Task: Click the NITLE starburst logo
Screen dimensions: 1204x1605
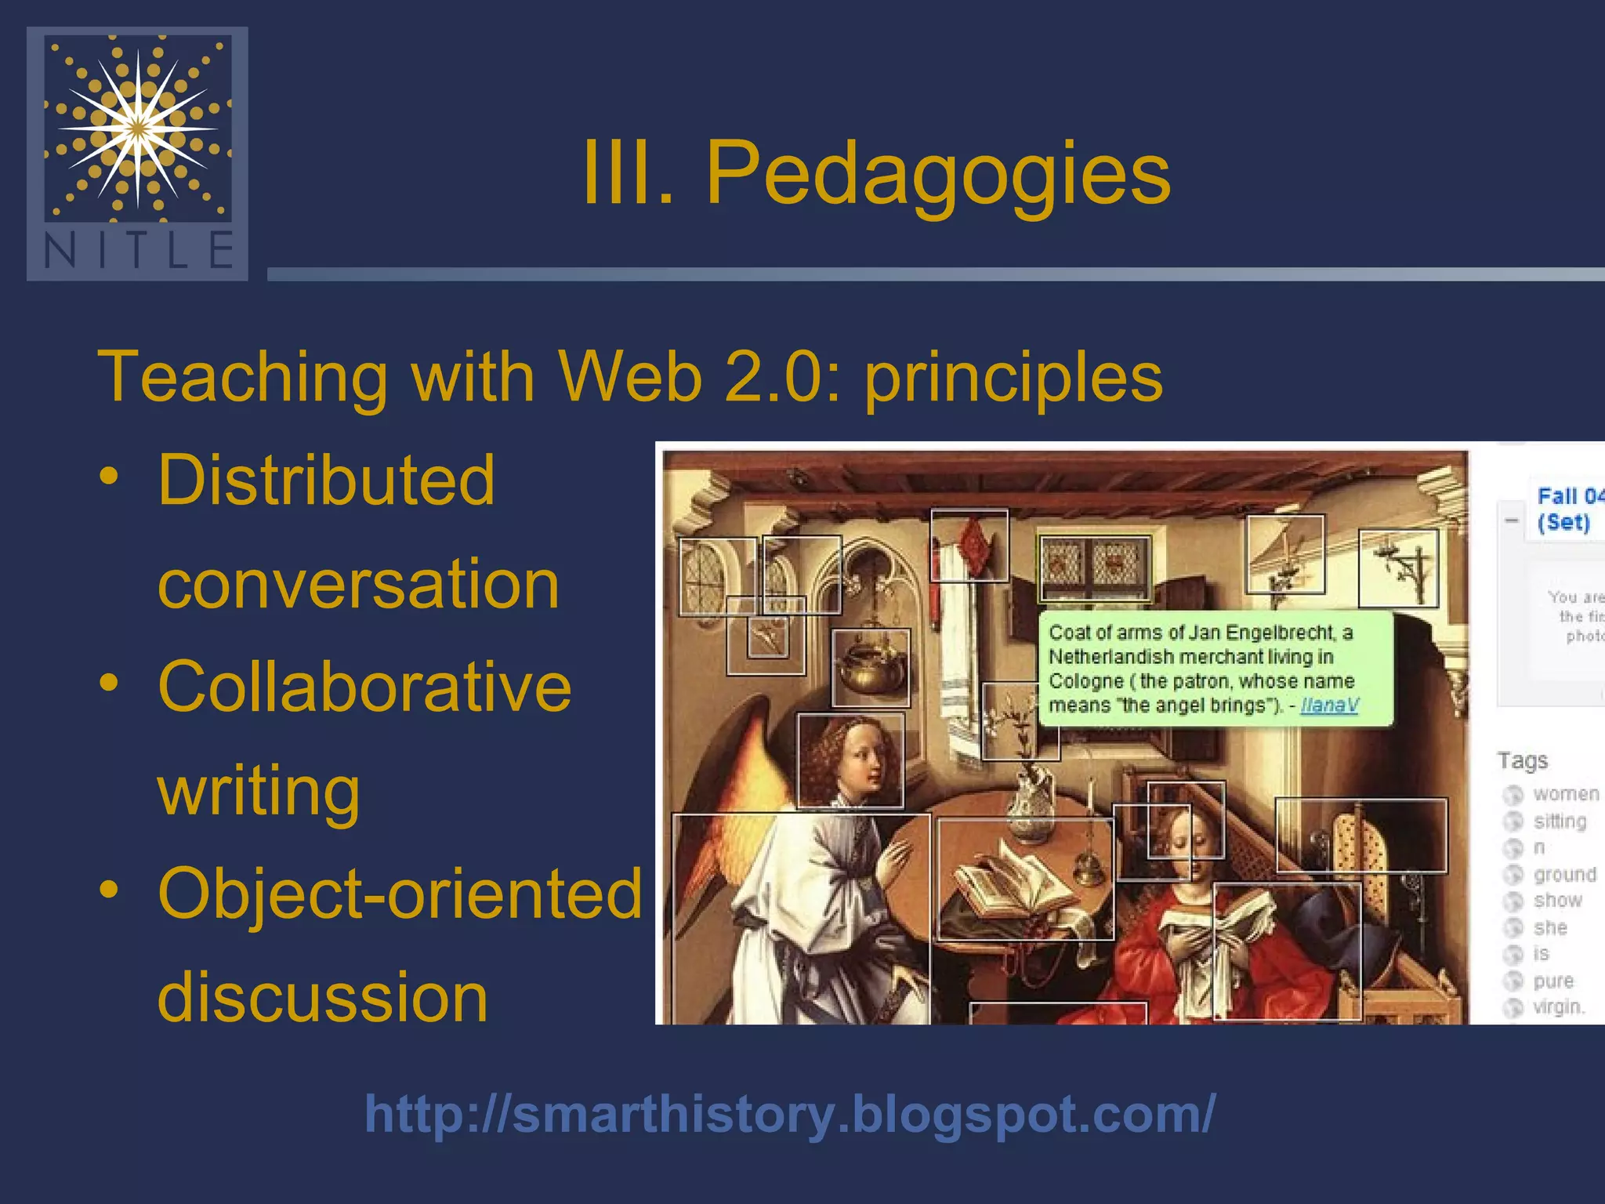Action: pyautogui.click(x=138, y=129)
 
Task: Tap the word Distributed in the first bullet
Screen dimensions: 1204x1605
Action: pyautogui.click(x=326, y=480)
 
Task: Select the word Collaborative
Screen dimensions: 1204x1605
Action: pyautogui.click(x=364, y=687)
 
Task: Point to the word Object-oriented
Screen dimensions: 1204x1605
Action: pyautogui.click(x=400, y=894)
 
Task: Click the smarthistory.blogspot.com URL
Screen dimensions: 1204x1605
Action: pyautogui.click(x=790, y=1114)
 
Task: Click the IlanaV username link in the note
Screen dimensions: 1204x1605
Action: pyautogui.click(x=1329, y=705)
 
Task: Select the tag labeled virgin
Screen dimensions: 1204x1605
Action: pyautogui.click(x=1558, y=1006)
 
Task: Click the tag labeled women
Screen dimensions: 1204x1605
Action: pyautogui.click(x=1565, y=794)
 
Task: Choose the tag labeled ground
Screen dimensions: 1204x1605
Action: pyautogui.click(x=1564, y=875)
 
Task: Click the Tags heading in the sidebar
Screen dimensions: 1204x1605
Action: pyautogui.click(x=1522, y=760)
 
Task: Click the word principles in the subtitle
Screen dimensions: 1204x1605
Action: pyautogui.click(x=1013, y=378)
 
